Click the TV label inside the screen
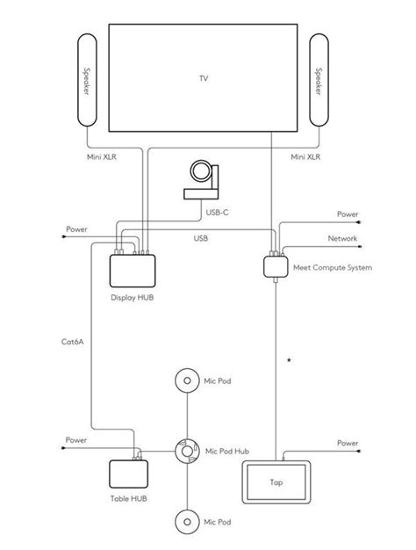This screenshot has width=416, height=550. tap(204, 78)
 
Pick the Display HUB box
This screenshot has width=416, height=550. tap(132, 270)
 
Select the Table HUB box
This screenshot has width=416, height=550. tap(129, 475)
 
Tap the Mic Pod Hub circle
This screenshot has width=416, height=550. tap(186, 450)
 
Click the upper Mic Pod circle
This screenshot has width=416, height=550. tap(186, 382)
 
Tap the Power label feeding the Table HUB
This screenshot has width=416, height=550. tap(76, 439)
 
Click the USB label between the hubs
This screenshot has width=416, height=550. tap(201, 238)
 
